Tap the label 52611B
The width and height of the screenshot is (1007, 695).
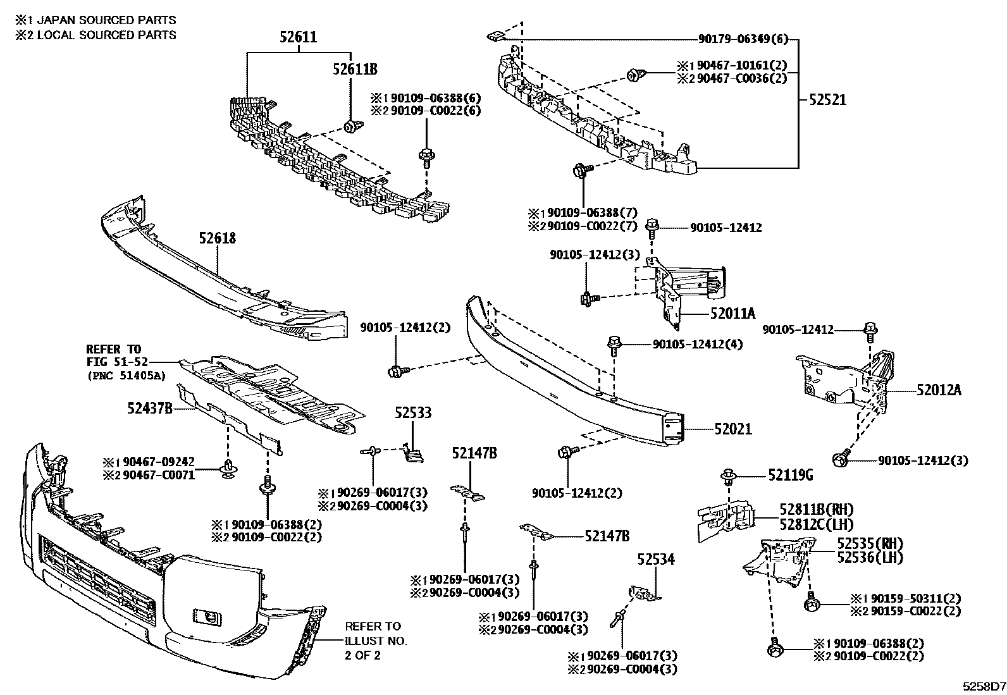(x=355, y=70)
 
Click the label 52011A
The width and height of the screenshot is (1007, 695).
(x=732, y=312)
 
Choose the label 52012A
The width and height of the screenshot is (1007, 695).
(x=939, y=390)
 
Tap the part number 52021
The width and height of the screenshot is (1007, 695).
(x=733, y=429)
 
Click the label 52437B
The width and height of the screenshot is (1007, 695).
(x=150, y=409)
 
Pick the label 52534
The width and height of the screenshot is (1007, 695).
(x=656, y=559)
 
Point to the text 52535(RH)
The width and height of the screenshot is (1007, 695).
(x=870, y=543)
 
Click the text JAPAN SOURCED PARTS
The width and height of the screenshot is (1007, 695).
(x=107, y=20)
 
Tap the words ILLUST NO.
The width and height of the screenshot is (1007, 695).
(x=376, y=641)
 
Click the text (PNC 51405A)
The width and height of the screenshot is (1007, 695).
(x=126, y=375)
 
